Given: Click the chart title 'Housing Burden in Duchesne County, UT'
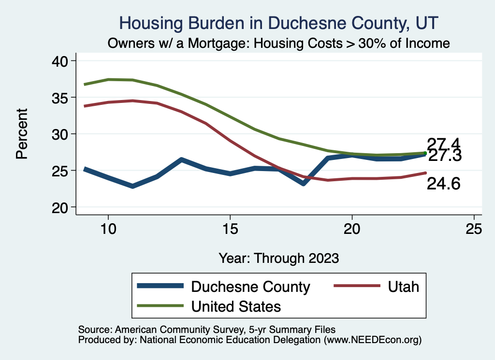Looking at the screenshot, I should click(x=279, y=23).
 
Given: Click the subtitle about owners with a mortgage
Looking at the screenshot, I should click(x=279, y=43).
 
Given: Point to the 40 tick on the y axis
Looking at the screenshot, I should click(x=61, y=61).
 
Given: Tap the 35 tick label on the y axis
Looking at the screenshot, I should click(x=61, y=98).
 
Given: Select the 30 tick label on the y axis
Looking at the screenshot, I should click(x=61, y=134).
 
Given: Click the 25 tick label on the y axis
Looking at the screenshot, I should click(x=61, y=171).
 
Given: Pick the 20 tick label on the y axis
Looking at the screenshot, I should click(x=61, y=207).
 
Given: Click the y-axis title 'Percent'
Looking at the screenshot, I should click(x=21, y=134).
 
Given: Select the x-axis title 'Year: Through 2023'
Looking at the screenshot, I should click(x=278, y=258).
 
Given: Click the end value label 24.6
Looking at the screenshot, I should click(x=443, y=184).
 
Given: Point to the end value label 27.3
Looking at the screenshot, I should click(x=445, y=156).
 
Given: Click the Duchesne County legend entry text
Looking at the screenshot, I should click(x=250, y=287).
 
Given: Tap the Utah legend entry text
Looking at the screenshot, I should click(x=403, y=287).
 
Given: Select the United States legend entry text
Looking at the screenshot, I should click(x=236, y=306).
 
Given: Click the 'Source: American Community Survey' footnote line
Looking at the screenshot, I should click(x=206, y=329).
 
